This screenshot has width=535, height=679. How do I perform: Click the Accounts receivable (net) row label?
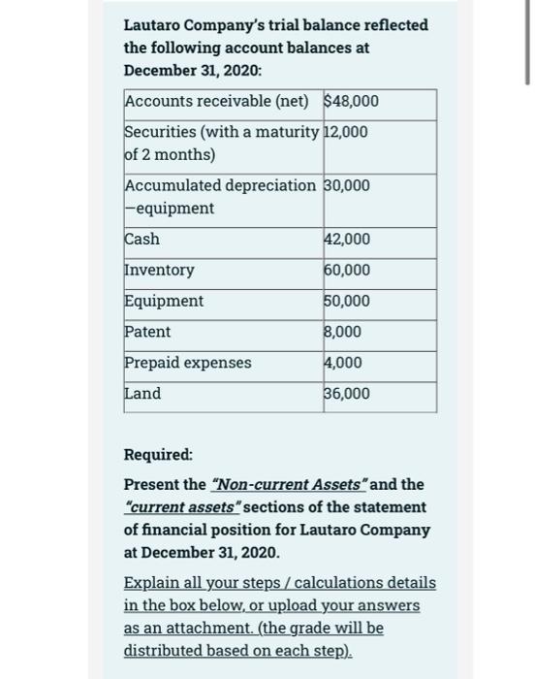click(x=216, y=101)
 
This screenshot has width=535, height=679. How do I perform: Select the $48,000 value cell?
click(x=351, y=101)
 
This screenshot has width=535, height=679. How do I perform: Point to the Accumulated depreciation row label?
click(x=220, y=185)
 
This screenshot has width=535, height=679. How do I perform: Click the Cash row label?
click(x=142, y=239)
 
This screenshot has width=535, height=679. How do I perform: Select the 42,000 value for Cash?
click(x=348, y=240)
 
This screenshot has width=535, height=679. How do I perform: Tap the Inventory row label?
click(x=159, y=270)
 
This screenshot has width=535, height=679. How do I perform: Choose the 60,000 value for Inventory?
click(x=348, y=271)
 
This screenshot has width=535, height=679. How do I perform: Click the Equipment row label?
click(x=164, y=301)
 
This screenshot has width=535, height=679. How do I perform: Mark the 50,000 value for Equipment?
click(x=348, y=302)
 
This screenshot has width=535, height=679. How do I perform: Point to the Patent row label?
click(x=147, y=332)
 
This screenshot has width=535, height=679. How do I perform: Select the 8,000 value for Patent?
click(x=344, y=332)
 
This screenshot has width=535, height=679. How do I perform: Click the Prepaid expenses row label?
click(x=188, y=363)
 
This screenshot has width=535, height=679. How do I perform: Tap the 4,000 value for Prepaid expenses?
click(x=344, y=363)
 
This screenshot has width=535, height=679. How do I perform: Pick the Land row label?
click(x=142, y=394)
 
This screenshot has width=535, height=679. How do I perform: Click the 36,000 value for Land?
click(x=348, y=394)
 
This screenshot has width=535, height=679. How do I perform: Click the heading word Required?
click(x=158, y=454)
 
